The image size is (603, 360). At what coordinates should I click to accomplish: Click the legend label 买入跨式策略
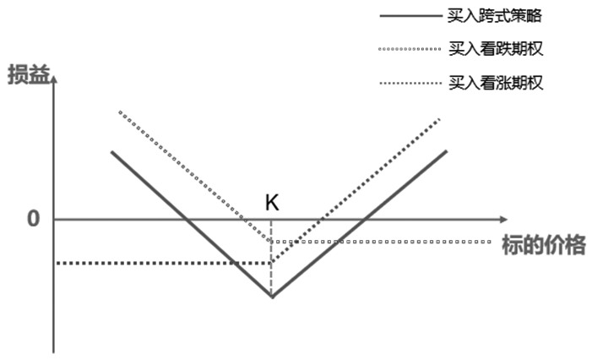coord(495,16)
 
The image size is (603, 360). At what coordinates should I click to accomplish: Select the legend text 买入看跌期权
coord(496,49)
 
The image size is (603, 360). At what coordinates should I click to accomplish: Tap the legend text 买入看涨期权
coord(496,83)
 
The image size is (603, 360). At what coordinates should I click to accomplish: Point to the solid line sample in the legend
coord(410,16)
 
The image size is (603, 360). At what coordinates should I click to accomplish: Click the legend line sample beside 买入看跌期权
coord(410,49)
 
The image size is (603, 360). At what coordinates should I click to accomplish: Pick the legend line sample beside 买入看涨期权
coord(410,83)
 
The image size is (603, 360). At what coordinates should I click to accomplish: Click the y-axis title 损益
coord(29,74)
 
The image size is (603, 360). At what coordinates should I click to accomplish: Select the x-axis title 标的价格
coord(544,245)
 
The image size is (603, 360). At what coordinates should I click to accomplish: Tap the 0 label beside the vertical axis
coord(34,219)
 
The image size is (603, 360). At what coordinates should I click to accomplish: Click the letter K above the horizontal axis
coord(272,202)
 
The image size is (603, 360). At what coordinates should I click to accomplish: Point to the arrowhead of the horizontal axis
coord(504,219)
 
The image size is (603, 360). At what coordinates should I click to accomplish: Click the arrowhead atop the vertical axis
coord(54,79)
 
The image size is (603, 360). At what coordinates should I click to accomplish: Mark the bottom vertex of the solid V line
coord(272,297)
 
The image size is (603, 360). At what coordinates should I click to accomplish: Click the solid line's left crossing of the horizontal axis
coord(186,219)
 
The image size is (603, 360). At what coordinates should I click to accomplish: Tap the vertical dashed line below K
coord(271,258)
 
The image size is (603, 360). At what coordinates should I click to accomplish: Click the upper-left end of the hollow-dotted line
coord(120,112)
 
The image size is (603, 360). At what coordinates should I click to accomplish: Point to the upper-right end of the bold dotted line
coord(439,120)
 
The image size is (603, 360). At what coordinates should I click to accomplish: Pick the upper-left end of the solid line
coord(112,152)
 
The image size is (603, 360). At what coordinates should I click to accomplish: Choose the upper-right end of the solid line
coord(447,151)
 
